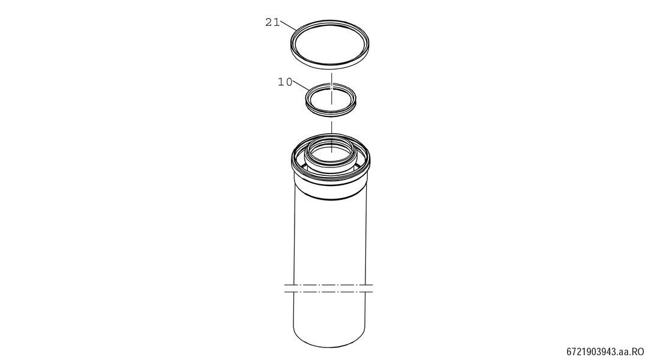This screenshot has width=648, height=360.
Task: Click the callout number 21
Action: [x=272, y=22]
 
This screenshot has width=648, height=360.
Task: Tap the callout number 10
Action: [x=285, y=82]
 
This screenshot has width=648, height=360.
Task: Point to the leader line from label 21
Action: [x=288, y=25]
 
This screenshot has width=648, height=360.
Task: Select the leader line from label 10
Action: [x=301, y=85]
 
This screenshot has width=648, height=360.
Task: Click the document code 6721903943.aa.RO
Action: [x=605, y=352]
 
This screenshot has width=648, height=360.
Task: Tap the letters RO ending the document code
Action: [x=638, y=352]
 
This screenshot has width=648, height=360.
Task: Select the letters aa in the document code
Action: [x=624, y=353]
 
